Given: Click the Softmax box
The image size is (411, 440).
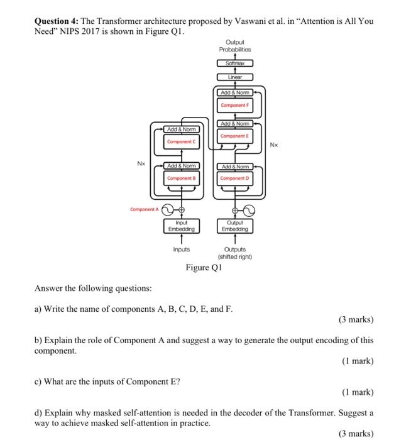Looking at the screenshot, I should click(234, 63).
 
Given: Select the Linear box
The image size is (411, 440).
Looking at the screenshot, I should click(234, 77).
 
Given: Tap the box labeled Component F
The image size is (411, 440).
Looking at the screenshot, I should click(234, 106).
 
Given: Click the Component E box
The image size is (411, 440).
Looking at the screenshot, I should click(234, 136).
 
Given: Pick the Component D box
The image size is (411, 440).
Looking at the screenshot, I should click(234, 179).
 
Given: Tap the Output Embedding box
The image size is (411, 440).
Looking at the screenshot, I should click(234, 226).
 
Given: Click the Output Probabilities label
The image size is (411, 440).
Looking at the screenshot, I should click(234, 46).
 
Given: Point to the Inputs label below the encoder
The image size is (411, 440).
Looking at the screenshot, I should click(181, 250).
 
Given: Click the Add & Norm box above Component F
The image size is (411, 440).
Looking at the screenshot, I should click(234, 92).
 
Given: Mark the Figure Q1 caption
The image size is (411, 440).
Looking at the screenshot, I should click(204, 268).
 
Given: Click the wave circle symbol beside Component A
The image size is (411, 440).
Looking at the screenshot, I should click(168, 210).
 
